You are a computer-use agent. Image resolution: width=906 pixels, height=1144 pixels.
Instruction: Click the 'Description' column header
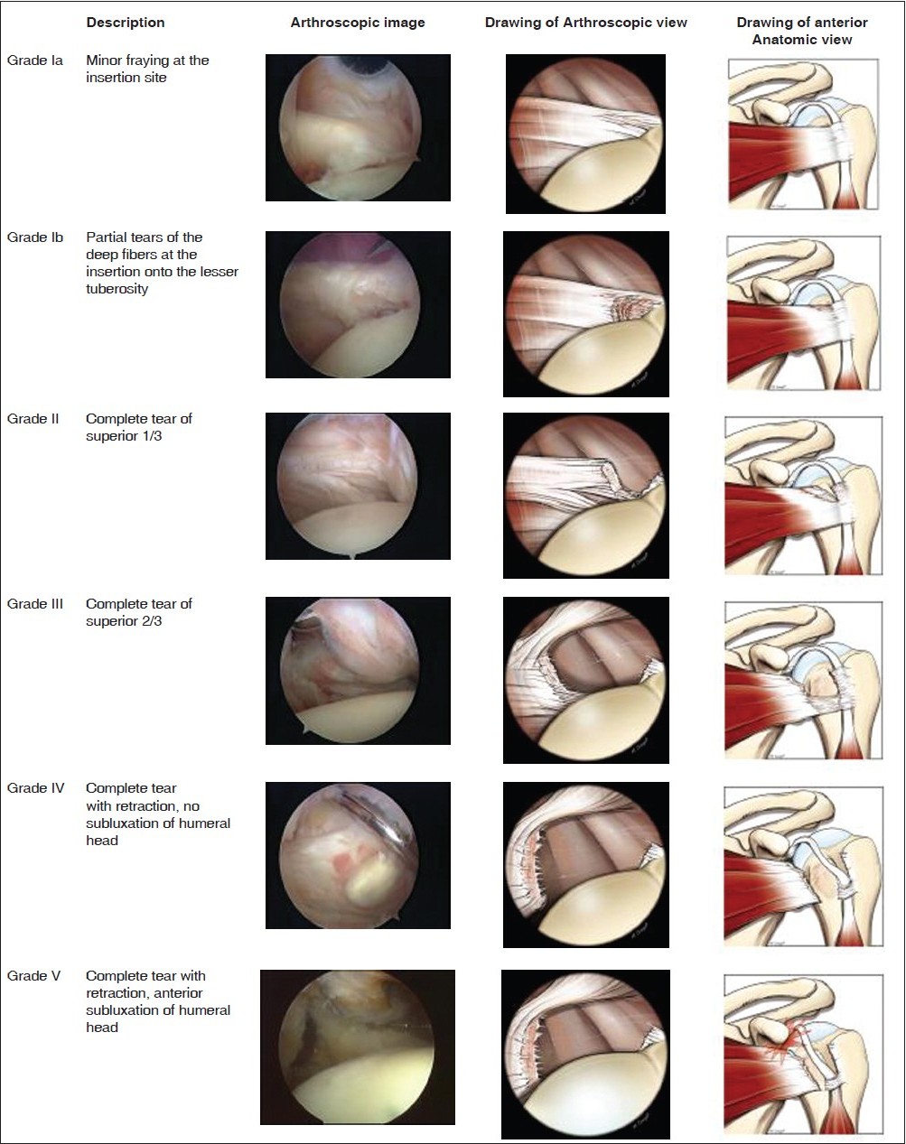pyautogui.click(x=126, y=23)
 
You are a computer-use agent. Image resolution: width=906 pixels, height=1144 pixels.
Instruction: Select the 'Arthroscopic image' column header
pyautogui.click(x=358, y=23)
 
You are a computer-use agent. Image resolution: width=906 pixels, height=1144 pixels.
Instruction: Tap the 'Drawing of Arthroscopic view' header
pyautogui.click(x=585, y=23)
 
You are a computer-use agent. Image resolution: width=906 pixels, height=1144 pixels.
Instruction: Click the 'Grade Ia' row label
pyautogui.click(x=35, y=60)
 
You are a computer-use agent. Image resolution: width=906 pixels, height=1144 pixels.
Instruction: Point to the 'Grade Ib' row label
pyautogui.click(x=35, y=237)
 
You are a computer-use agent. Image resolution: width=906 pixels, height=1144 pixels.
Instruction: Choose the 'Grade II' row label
pyautogui.click(x=33, y=419)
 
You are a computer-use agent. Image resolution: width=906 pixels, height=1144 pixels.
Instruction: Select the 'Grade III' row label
pyautogui.click(x=35, y=604)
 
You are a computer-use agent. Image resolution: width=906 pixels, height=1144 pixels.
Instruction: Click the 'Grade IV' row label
pyautogui.click(x=35, y=788)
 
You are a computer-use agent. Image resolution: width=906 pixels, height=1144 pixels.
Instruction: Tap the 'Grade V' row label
pyautogui.click(x=33, y=976)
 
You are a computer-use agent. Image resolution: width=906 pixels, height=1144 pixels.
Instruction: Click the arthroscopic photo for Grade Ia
pyautogui.click(x=358, y=127)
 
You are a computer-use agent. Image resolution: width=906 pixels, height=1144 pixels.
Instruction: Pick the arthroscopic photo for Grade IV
pyautogui.click(x=358, y=855)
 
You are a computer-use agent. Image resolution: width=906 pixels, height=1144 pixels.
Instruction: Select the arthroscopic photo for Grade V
pyautogui.click(x=358, y=1046)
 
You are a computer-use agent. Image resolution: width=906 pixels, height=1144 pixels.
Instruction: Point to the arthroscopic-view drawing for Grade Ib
pyautogui.click(x=586, y=313)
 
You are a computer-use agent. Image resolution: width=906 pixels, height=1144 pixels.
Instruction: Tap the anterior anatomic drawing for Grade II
pyautogui.click(x=803, y=495)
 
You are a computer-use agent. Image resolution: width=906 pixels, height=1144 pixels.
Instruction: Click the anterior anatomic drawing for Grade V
pyautogui.click(x=803, y=1052)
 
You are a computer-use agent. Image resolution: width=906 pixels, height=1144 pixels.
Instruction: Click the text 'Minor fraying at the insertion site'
pyautogui.click(x=147, y=69)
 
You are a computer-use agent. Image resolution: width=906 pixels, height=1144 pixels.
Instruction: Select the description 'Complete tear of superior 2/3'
pyautogui.click(x=138, y=612)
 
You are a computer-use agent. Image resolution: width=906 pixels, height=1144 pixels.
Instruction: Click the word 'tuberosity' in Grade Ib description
pyautogui.click(x=117, y=289)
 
